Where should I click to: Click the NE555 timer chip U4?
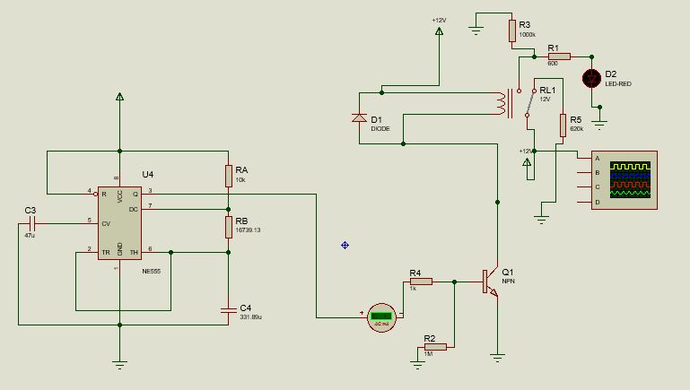coord(118,222)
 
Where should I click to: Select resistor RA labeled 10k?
coord(229,176)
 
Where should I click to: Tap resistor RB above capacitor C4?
coord(229,227)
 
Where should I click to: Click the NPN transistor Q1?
coord(490,282)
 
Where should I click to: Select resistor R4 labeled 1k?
coord(420,282)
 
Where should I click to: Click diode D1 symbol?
coord(359,117)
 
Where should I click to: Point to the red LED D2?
coord(591,78)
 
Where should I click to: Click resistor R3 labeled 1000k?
coord(511,31)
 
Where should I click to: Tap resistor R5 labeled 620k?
coord(563,125)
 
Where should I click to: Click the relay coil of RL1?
coord(499,103)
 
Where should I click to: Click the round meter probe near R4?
coord(383,316)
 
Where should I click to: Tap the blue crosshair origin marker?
coord(345,245)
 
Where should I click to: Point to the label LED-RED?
coord(618,83)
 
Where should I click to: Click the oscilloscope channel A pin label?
coord(598,158)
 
